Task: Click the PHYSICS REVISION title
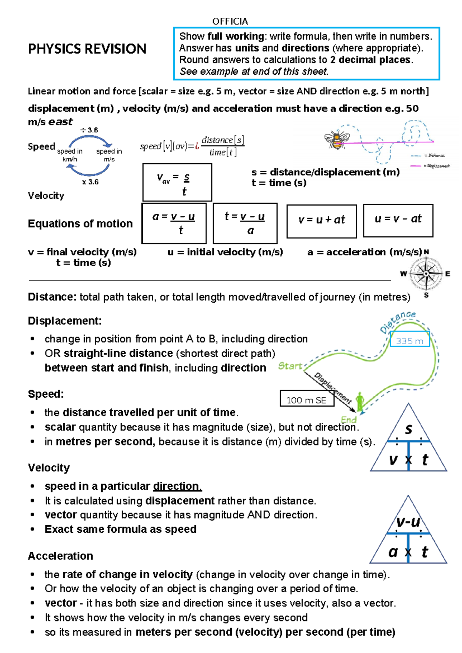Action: (x=87, y=49)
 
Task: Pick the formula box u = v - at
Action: (x=398, y=220)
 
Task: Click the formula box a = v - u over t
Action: (x=174, y=223)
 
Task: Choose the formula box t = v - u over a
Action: (x=245, y=223)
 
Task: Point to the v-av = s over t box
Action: (x=177, y=183)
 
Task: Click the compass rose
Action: (x=426, y=274)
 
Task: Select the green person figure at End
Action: (x=360, y=402)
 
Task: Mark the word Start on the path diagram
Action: (x=290, y=366)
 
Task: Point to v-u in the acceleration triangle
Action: (x=408, y=522)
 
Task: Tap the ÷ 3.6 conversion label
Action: (x=89, y=130)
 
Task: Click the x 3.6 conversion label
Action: (x=90, y=182)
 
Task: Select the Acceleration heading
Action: (x=60, y=556)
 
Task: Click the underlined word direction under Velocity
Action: (x=177, y=486)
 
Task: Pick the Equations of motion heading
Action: (x=80, y=223)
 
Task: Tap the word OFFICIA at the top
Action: (x=230, y=21)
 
